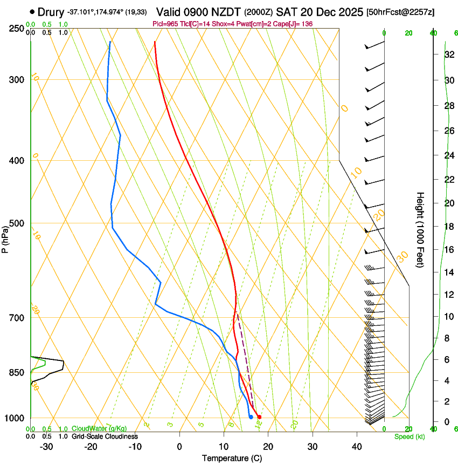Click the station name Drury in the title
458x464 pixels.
(x=51, y=12)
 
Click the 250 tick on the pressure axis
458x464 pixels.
(x=16, y=28)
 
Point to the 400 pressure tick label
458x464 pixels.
(x=16, y=161)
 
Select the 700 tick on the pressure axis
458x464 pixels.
(x=16, y=318)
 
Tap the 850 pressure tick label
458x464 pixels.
(x=16, y=373)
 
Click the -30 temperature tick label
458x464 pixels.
(x=46, y=447)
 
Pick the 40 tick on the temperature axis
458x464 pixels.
(x=356, y=447)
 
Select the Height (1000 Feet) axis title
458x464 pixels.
(x=420, y=230)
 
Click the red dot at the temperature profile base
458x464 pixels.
(x=259, y=417)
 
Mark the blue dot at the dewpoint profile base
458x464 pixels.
(x=251, y=417)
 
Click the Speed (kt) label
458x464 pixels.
(x=409, y=436)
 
